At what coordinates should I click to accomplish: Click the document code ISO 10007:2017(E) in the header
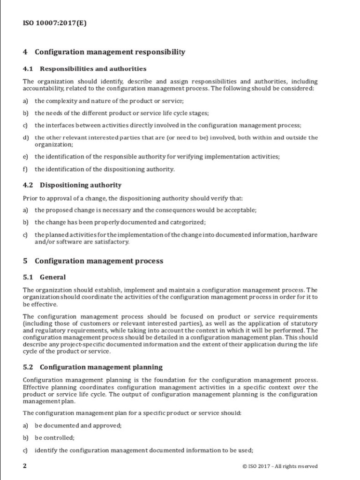55,22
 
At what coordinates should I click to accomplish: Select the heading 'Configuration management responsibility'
109,52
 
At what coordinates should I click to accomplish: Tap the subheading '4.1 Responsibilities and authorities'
84,69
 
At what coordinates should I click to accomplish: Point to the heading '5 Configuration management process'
93,261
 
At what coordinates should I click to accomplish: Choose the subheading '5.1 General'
44,277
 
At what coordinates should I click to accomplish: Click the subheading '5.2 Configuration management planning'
93,367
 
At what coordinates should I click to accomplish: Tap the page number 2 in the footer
25,466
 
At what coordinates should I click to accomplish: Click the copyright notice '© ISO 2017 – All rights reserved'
280,466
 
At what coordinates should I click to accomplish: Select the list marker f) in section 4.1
25,169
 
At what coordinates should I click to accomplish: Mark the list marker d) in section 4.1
25,138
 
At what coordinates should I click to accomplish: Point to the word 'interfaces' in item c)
60,125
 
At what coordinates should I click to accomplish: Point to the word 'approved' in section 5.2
105,426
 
